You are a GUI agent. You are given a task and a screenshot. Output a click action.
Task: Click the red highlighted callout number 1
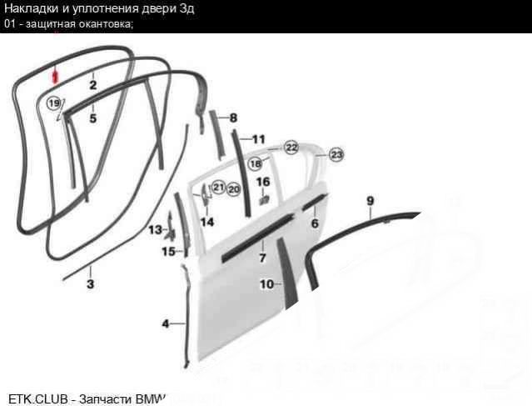(55, 77)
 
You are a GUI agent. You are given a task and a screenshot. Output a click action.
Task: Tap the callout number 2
(93, 85)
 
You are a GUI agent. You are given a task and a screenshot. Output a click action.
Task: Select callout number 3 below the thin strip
(90, 283)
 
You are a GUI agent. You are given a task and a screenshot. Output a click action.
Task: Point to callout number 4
(165, 323)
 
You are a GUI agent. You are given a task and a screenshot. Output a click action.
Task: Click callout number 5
(93, 118)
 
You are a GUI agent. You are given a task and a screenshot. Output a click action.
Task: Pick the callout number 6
(315, 223)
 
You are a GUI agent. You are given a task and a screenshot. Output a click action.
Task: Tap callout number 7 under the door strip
(262, 258)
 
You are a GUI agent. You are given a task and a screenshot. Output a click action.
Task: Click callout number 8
(233, 118)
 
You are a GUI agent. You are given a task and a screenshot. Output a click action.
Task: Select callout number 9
(370, 201)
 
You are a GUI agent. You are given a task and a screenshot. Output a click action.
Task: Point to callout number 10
(266, 284)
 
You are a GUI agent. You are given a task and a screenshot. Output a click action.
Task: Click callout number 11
(259, 139)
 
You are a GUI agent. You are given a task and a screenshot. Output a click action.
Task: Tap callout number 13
(156, 230)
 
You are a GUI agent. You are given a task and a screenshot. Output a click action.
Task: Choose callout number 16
(263, 182)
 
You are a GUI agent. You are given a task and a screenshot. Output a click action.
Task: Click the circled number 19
(54, 103)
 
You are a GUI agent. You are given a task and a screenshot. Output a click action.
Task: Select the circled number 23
(336, 155)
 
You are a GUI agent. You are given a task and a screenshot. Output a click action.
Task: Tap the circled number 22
(291, 148)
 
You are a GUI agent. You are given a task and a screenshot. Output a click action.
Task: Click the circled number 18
(256, 164)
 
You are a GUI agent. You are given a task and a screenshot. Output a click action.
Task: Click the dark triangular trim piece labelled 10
(288, 273)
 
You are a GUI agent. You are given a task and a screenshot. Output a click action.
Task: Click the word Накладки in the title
(31, 8)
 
